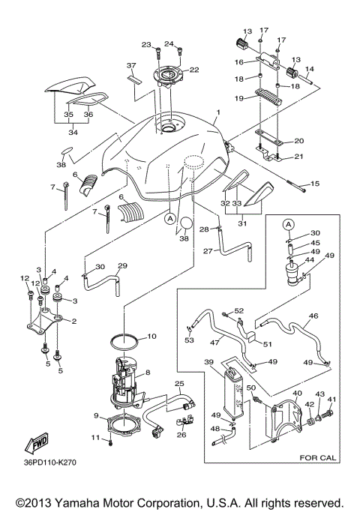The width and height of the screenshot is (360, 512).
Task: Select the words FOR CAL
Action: (x=318, y=455)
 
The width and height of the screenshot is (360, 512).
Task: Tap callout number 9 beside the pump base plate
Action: (x=95, y=415)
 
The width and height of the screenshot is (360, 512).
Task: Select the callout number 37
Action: (x=130, y=65)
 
